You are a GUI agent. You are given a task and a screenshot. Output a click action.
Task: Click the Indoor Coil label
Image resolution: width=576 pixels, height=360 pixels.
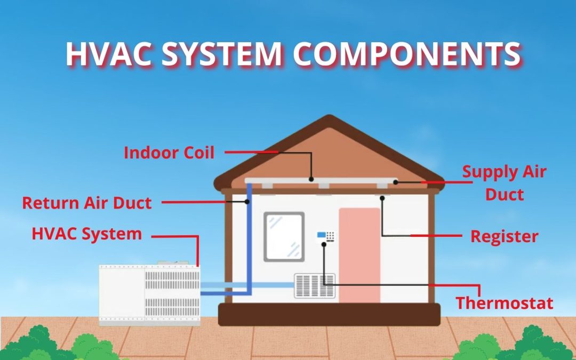[x=169, y=153]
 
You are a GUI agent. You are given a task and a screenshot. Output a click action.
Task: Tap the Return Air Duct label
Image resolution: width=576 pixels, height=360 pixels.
[x=87, y=203]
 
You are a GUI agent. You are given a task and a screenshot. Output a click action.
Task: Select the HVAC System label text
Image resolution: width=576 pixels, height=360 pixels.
[x=87, y=234]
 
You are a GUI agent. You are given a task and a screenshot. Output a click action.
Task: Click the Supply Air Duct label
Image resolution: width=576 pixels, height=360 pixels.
[x=504, y=183]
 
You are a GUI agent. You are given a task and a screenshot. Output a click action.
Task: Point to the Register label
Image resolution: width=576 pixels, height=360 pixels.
[x=505, y=236]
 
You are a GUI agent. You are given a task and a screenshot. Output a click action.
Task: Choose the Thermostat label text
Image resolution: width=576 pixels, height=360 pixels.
[x=505, y=303]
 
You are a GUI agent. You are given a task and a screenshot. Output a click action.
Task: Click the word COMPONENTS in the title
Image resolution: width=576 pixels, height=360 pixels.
[x=407, y=54]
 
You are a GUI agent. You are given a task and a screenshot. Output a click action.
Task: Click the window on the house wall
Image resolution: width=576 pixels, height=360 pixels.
[x=284, y=237]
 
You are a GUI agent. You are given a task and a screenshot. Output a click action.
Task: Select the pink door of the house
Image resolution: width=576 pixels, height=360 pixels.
[x=359, y=255]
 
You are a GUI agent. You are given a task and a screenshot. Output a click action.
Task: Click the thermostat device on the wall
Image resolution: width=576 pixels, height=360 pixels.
[x=326, y=236]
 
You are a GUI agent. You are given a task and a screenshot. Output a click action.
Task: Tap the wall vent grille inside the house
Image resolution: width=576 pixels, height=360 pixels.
[x=315, y=286]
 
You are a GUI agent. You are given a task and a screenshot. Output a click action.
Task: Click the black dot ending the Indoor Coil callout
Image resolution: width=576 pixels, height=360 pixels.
[x=311, y=179]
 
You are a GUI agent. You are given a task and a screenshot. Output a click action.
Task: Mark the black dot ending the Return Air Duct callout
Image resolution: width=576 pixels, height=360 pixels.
[x=247, y=202]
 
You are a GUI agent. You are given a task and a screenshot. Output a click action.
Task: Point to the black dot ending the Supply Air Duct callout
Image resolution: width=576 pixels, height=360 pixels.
[x=396, y=182]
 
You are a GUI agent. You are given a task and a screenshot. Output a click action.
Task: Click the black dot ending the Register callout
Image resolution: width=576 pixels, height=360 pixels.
[x=382, y=198]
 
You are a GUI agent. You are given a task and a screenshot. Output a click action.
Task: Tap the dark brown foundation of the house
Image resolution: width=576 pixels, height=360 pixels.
[x=329, y=315]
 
